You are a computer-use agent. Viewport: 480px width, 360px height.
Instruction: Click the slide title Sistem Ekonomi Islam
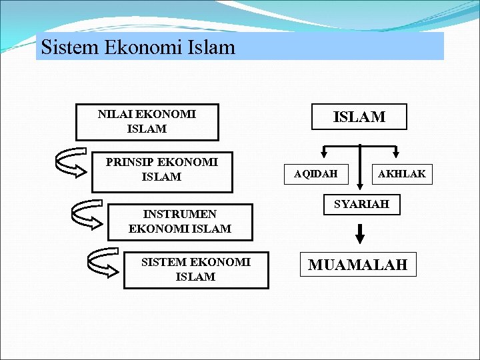click(138, 47)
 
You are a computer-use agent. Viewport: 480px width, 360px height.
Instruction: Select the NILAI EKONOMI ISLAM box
click(147, 121)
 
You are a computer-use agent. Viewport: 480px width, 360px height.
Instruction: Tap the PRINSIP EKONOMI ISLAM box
click(162, 170)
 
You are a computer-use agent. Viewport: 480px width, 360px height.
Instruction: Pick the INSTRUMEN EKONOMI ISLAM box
click(180, 221)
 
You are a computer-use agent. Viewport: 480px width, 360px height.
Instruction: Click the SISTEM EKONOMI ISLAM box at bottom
click(196, 270)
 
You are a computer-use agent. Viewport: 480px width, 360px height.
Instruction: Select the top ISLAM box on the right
click(359, 117)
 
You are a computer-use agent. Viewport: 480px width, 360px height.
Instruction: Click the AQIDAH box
click(316, 175)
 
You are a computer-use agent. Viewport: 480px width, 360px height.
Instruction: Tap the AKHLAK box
click(402, 175)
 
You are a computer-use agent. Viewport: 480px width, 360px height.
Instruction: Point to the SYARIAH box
click(361, 204)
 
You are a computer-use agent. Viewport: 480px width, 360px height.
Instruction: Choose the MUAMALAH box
click(357, 265)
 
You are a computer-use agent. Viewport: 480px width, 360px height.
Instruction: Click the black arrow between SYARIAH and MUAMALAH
click(360, 233)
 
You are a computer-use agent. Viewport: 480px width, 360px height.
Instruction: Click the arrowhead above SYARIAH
click(360, 188)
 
